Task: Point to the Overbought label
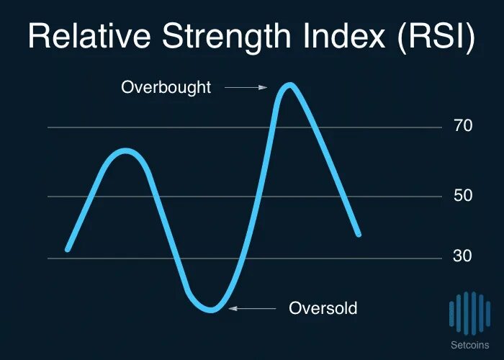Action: point(166,88)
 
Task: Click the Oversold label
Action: point(323,308)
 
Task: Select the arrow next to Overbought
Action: point(246,88)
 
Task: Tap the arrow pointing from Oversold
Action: point(252,308)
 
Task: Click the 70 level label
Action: point(463,127)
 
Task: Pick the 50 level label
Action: point(463,196)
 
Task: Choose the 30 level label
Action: point(463,257)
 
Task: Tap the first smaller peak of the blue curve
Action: point(126,151)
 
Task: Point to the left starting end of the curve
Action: point(68,249)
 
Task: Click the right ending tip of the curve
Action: point(358,234)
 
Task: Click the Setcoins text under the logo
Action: point(469,345)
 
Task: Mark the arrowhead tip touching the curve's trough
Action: point(230,308)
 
